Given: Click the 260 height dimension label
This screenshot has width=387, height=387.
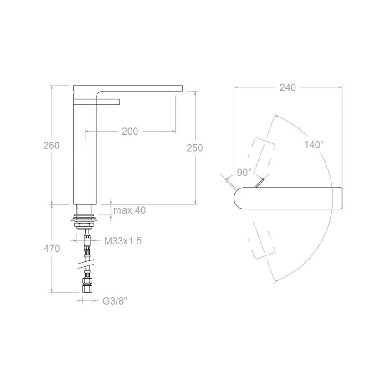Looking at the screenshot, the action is coord(51,145).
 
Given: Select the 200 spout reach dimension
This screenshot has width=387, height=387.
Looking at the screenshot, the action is coord(130,132).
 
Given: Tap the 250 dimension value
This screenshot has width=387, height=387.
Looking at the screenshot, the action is coord(195,148).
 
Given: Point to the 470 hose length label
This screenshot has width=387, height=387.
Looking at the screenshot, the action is coord(51,248).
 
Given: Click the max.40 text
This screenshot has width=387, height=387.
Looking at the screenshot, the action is coord(130,210).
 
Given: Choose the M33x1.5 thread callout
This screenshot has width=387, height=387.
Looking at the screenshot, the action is coord(123,241).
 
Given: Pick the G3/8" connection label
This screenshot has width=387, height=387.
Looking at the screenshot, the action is coord(115,301).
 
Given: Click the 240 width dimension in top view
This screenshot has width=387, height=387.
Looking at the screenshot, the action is coord(288,87).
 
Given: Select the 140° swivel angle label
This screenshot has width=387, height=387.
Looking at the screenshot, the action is coord(314,144).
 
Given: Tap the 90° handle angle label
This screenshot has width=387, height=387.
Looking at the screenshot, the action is coord(244,173).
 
